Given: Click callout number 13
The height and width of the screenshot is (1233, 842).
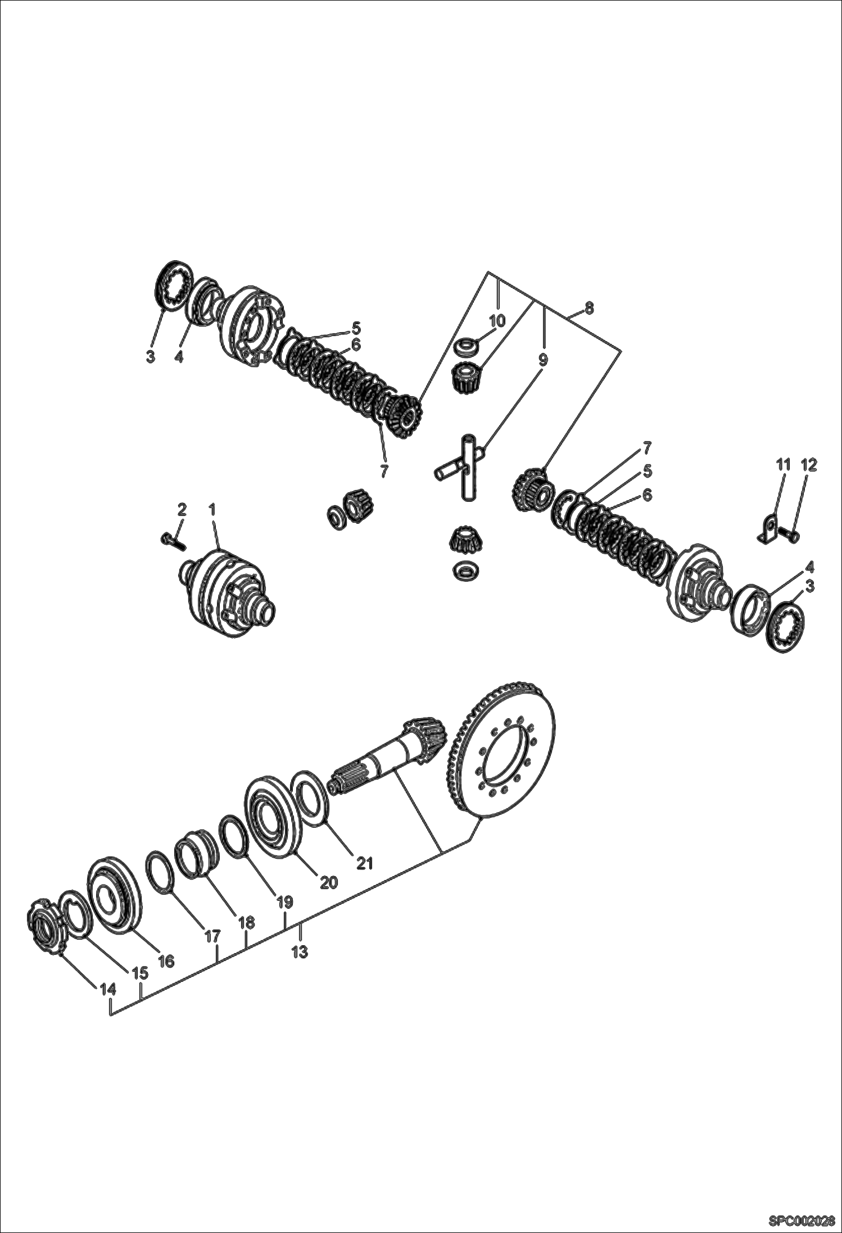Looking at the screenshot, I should coord(300,952).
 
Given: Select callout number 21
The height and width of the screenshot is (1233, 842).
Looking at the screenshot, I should coord(365,862).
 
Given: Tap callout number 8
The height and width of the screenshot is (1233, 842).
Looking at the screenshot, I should coord(589,307).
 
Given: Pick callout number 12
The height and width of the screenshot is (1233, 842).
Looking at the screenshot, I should coord(809,465).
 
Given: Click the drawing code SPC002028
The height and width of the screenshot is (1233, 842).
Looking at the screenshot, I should coord(802,1220).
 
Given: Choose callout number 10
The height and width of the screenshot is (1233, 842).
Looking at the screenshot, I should coord(497,321).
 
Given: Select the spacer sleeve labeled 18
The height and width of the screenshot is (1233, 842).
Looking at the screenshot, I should coord(194,860).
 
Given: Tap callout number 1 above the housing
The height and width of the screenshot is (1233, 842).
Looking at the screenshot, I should coord(212,509).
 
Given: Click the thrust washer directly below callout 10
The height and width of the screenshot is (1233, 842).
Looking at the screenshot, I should coord(466,347).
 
